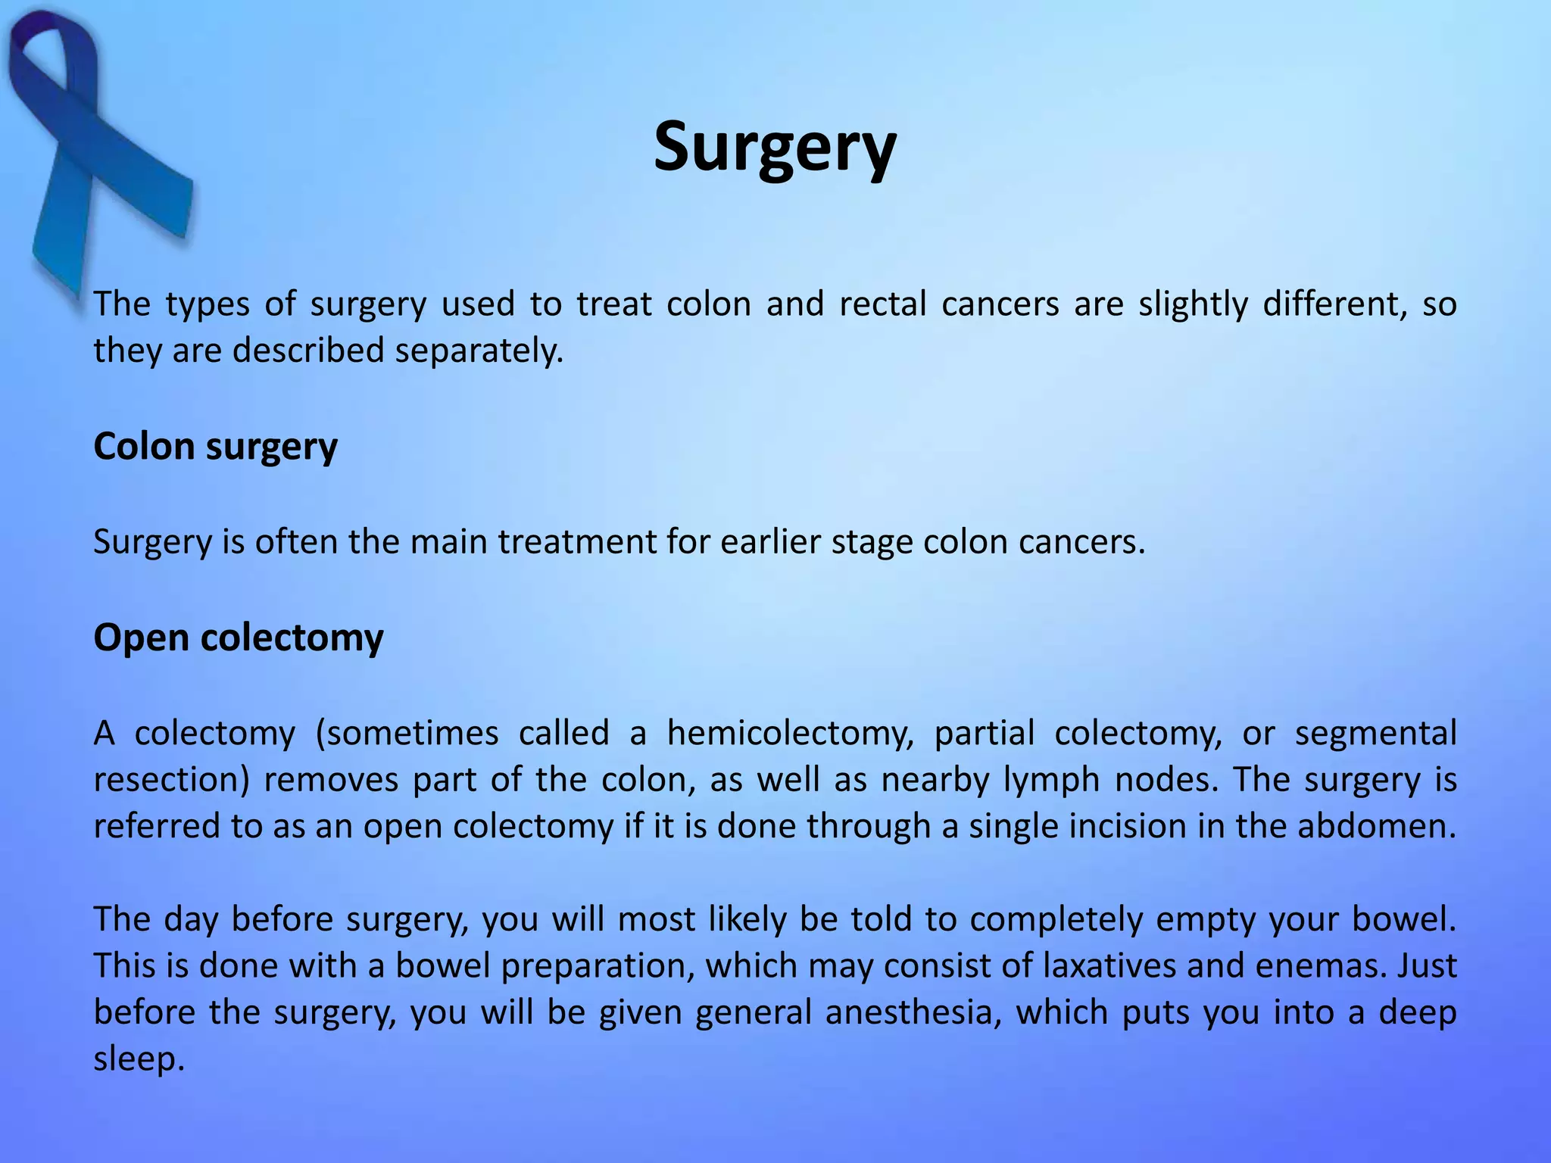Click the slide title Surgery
[775, 148]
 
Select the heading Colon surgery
[215, 447]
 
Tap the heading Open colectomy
[238, 638]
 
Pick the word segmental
[1375, 734]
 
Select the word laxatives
[1109, 966]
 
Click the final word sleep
[138, 1059]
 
